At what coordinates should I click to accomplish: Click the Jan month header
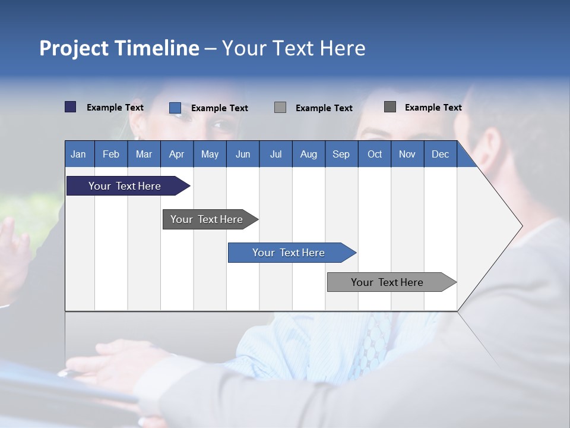pyautogui.click(x=78, y=154)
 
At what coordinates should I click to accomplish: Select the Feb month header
pyautogui.click(x=111, y=154)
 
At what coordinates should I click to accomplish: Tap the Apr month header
pyautogui.click(x=176, y=154)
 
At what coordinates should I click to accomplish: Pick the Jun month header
pyautogui.click(x=243, y=154)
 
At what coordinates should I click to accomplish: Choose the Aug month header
pyautogui.click(x=308, y=154)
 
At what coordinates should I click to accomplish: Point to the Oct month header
pyautogui.click(x=375, y=154)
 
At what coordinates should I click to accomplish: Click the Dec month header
pyautogui.click(x=440, y=154)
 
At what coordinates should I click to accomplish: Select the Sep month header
pyautogui.click(x=341, y=154)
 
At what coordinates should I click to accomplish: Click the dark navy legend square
pyautogui.click(x=71, y=107)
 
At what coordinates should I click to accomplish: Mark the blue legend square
pyautogui.click(x=175, y=108)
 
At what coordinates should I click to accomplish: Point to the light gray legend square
pyautogui.click(x=280, y=107)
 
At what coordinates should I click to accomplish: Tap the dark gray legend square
pyautogui.click(x=390, y=107)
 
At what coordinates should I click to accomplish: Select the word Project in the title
pyautogui.click(x=74, y=48)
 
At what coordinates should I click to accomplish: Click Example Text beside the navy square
pyautogui.click(x=115, y=108)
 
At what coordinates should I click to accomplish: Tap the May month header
pyautogui.click(x=210, y=154)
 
